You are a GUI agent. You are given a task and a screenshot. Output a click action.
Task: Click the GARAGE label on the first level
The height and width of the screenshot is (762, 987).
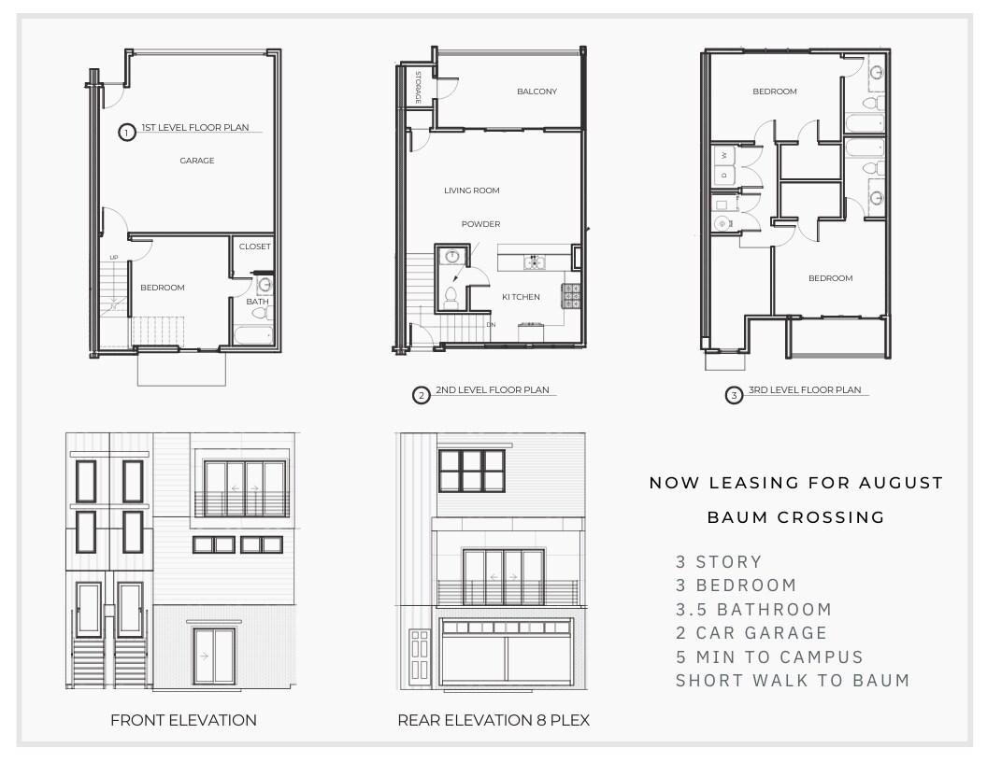point(197,161)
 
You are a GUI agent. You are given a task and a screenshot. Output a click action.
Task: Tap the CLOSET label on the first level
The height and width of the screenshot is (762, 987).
point(255,247)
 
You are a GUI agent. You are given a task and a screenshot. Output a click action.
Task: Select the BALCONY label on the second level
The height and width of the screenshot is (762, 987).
point(536,92)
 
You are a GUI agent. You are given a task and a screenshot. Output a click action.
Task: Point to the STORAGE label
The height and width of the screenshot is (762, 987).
point(418,88)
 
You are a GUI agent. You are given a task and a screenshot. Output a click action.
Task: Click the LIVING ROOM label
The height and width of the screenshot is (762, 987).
point(471,190)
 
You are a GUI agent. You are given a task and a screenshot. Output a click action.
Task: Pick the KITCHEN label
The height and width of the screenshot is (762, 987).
point(521,297)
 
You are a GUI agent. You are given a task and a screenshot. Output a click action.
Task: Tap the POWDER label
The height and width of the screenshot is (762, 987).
point(481,224)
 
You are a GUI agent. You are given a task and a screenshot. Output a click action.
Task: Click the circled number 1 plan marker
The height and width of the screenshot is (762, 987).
point(127,133)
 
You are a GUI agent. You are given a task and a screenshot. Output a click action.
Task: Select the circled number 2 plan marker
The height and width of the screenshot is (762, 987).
point(422,395)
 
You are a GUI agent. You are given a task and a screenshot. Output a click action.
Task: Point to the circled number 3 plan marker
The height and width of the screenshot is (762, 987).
point(734,395)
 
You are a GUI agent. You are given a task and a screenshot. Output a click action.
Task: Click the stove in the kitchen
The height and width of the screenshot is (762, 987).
point(572,296)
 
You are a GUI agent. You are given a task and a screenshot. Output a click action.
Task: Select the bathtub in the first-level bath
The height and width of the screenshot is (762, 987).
point(254,335)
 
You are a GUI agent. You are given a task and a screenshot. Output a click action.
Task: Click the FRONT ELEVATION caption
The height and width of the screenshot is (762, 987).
point(183,721)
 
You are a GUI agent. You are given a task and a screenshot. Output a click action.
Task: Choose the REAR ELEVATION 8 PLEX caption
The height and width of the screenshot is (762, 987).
point(493,721)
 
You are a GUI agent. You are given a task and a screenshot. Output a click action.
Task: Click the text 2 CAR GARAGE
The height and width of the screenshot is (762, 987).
point(751,633)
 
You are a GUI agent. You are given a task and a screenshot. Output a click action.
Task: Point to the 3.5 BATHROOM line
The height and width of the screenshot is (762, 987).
point(753,609)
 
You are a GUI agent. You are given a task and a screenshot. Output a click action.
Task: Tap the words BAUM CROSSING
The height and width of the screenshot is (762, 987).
point(796,517)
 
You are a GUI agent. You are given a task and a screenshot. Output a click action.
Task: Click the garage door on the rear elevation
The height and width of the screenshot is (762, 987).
point(507,652)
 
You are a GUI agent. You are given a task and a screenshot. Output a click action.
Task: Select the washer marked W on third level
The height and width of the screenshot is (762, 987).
point(723,155)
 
